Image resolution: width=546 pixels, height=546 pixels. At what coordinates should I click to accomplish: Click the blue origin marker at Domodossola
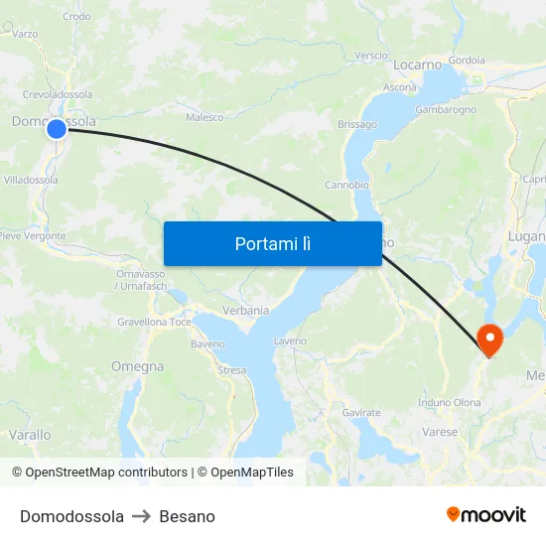[x=57, y=128]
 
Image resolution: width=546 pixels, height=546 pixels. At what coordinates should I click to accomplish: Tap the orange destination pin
[x=489, y=340]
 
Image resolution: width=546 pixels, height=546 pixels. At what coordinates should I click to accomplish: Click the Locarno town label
[x=417, y=65]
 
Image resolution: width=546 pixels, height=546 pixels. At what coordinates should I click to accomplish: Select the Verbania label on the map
[x=245, y=311]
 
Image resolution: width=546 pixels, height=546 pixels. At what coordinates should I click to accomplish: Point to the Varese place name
[x=440, y=432]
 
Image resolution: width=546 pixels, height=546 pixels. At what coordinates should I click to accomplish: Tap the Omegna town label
[x=137, y=366]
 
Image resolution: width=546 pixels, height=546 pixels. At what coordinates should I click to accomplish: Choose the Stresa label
[x=231, y=369]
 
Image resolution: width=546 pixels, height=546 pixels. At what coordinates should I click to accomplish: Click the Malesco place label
[x=205, y=117]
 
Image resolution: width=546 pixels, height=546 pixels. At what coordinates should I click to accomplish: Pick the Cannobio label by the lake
[x=346, y=185]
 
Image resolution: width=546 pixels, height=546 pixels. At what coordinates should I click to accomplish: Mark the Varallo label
[x=29, y=435]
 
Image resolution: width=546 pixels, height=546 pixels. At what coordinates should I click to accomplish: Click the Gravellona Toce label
[x=154, y=323]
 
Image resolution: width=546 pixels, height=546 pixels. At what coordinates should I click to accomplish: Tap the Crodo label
[x=76, y=16]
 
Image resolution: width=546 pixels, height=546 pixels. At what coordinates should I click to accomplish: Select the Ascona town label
[x=400, y=87]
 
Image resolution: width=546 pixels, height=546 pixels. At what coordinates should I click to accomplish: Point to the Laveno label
[x=290, y=341]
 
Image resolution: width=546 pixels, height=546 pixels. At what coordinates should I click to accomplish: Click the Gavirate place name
[x=361, y=412]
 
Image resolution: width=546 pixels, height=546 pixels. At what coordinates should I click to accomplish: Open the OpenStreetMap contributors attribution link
[x=106, y=473]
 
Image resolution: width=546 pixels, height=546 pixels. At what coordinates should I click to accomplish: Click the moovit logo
[x=486, y=514]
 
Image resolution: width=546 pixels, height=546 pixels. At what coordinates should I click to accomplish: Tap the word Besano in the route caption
[x=187, y=516]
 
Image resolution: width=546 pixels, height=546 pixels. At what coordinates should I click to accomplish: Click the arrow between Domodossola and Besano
[x=141, y=516]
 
